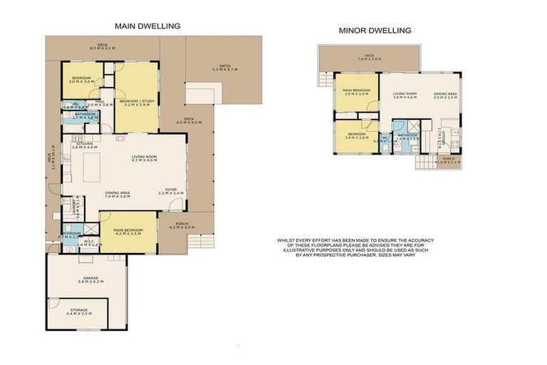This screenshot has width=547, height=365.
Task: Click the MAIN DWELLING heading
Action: click(147, 26)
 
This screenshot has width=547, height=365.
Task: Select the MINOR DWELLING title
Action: click(375, 31)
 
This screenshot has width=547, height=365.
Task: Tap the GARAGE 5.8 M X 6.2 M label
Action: click(90, 280)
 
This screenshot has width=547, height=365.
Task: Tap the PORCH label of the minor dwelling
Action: click(449, 160)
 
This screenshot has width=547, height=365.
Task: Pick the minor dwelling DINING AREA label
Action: click(446, 96)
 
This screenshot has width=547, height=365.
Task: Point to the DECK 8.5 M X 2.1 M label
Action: click(102, 46)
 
